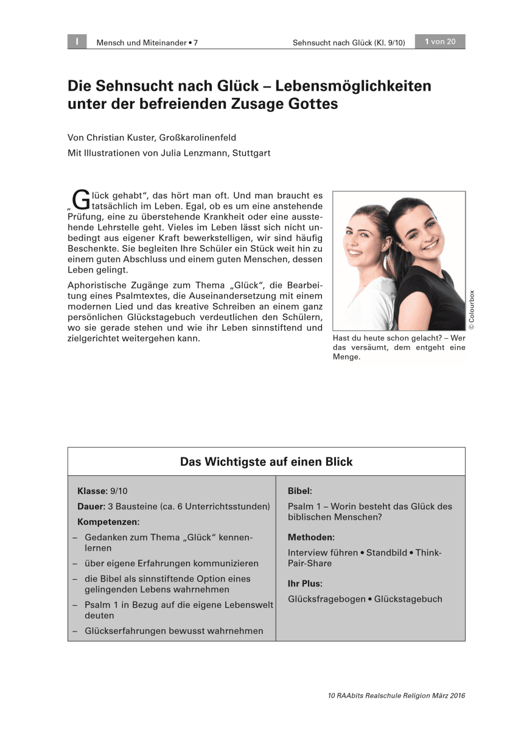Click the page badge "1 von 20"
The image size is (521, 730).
[439, 42]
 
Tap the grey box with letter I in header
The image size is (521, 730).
[77, 42]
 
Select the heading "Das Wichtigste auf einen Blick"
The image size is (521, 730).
[266, 462]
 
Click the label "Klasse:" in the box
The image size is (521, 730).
[93, 491]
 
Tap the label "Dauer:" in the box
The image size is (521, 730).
[91, 506]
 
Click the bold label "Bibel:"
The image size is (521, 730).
[300, 491]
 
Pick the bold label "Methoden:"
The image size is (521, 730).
[311, 537]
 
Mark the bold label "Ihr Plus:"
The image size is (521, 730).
[305, 583]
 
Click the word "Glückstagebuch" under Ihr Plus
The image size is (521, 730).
[408, 599]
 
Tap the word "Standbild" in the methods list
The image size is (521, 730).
[388, 552]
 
